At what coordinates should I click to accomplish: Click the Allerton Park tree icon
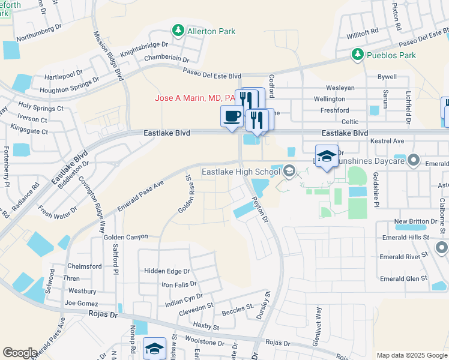[178, 30]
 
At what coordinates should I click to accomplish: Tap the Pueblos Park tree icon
[358, 55]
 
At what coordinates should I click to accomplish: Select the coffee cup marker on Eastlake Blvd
[231, 117]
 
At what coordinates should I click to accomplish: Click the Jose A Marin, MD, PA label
[195, 98]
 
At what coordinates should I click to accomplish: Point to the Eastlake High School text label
[241, 172]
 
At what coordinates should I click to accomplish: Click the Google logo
[20, 353]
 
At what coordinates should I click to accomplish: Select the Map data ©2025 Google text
[411, 355]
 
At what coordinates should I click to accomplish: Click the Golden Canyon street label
[125, 237]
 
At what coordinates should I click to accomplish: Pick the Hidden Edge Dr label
[166, 271]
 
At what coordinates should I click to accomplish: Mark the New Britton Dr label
[416, 221]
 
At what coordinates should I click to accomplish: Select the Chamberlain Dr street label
[167, 60]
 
